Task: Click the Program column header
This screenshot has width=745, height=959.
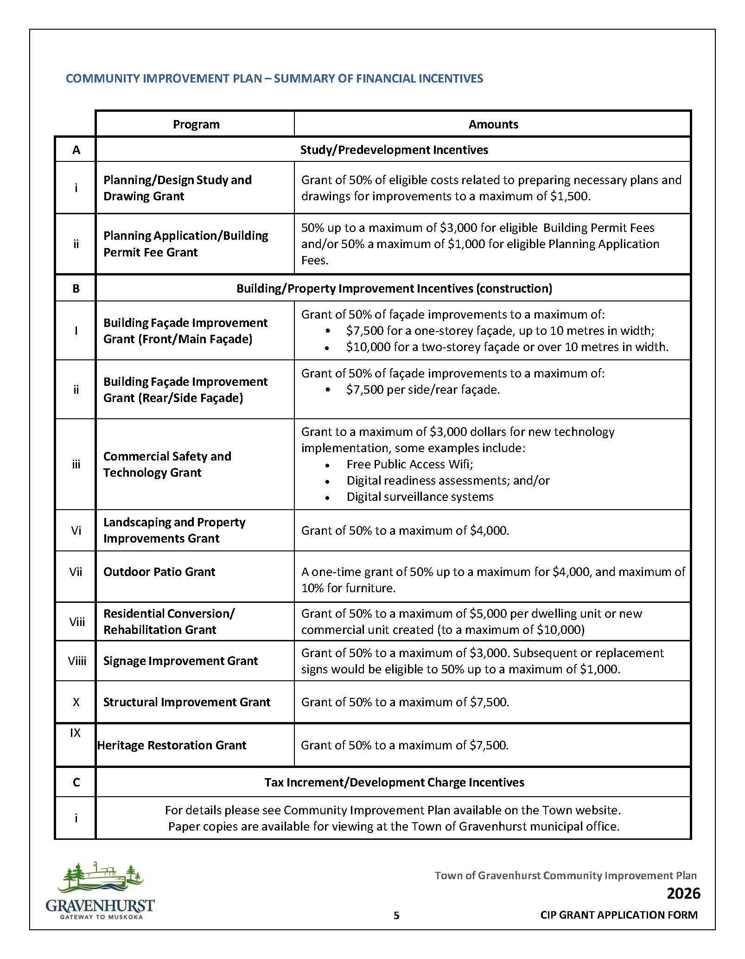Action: pyautogui.click(x=196, y=124)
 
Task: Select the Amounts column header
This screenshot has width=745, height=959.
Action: pyautogui.click(x=493, y=124)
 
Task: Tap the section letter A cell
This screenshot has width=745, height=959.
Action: pyautogui.click(x=76, y=150)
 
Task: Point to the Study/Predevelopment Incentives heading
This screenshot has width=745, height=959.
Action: pyautogui.click(x=394, y=150)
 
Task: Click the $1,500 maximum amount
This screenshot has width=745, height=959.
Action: pyautogui.click(x=570, y=196)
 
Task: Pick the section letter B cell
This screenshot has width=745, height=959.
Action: pyautogui.click(x=76, y=288)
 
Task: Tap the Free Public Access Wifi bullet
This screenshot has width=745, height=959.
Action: pyautogui.click(x=409, y=464)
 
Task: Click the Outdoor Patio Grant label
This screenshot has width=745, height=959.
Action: pyautogui.click(x=159, y=572)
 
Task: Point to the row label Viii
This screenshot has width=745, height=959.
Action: pyautogui.click(x=77, y=622)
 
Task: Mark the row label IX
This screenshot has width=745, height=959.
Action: pyautogui.click(x=75, y=733)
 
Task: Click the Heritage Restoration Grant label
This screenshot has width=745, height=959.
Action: pyautogui.click(x=172, y=745)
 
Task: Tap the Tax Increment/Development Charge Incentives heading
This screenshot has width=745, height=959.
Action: pyautogui.click(x=394, y=782)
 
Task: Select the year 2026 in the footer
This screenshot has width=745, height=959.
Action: pyautogui.click(x=683, y=894)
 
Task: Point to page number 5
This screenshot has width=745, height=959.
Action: pyautogui.click(x=396, y=915)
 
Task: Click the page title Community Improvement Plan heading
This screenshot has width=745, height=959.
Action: pyautogui.click(x=274, y=78)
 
